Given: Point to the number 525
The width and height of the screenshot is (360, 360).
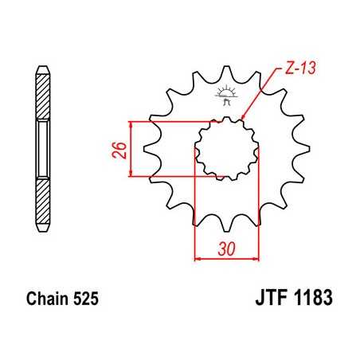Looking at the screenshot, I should click(85, 303).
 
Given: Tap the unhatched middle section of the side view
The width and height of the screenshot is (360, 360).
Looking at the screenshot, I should click(41, 148).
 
